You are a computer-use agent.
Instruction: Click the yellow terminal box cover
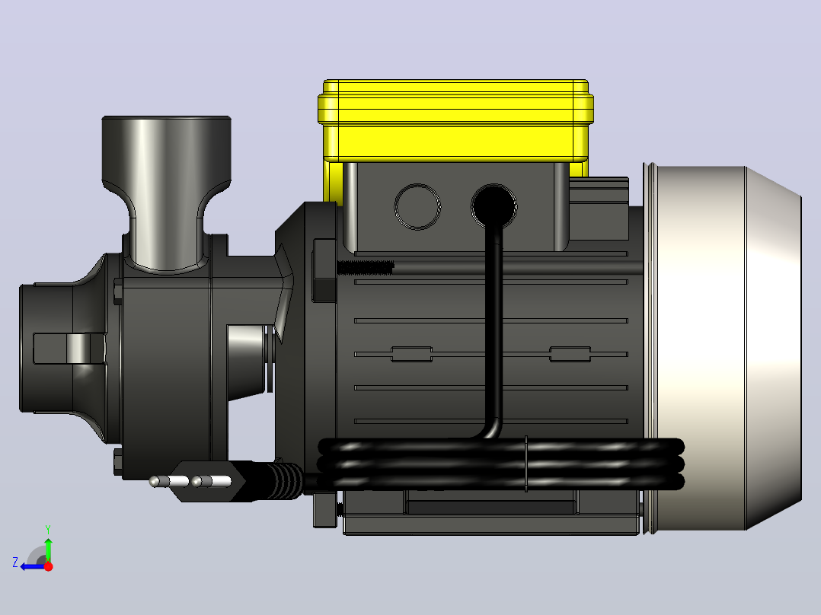[455, 121]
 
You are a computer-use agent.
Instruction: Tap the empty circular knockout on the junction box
[417, 206]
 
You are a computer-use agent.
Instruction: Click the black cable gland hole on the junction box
[494, 206]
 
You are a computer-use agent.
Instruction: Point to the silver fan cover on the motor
[724, 348]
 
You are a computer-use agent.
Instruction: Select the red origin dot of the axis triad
[48, 566]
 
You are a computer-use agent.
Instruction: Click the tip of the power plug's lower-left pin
[150, 481]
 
